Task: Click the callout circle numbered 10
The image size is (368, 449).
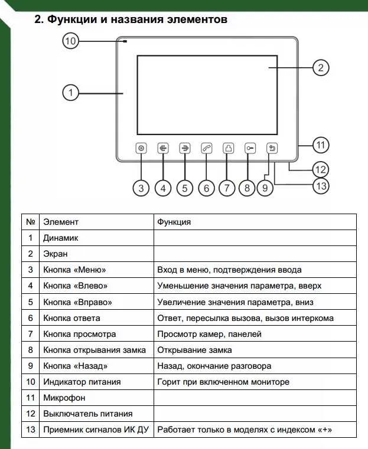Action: click(x=70, y=41)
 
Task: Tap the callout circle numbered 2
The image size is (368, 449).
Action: click(x=320, y=68)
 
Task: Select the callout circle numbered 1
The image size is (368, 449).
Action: click(x=70, y=93)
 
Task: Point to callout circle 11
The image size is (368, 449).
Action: click(x=320, y=145)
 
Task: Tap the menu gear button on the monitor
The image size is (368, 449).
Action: click(x=141, y=149)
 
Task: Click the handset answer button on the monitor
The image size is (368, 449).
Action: click(x=206, y=149)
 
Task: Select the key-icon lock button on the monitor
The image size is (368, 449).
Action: click(x=250, y=149)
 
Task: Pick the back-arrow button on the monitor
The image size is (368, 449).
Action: click(x=272, y=149)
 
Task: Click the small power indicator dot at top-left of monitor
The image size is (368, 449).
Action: click(x=126, y=41)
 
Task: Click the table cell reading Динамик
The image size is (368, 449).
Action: click(x=61, y=238)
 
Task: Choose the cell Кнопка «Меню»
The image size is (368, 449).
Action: click(x=74, y=270)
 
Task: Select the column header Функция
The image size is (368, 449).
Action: click(x=174, y=222)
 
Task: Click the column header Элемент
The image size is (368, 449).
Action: click(x=61, y=222)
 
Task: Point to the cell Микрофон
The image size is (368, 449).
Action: click(x=64, y=398)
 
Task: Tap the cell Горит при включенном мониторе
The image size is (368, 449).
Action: click(x=223, y=382)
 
